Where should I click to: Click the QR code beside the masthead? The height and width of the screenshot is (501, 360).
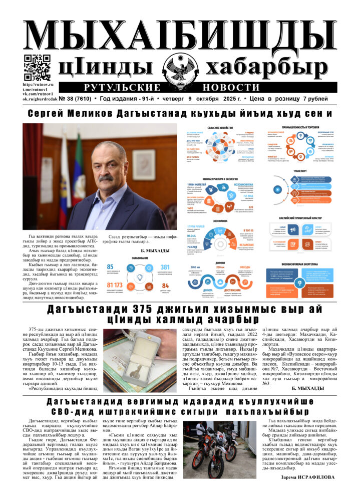point(37,68)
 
